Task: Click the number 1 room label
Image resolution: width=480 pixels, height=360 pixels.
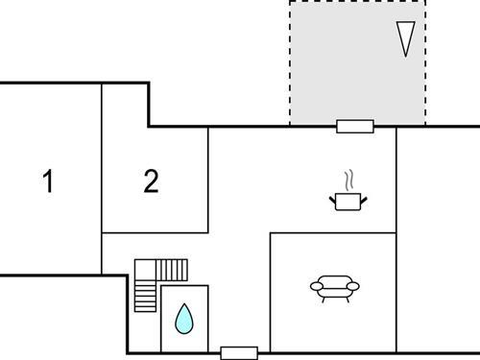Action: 48,181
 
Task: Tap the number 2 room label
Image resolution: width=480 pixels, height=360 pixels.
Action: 151,181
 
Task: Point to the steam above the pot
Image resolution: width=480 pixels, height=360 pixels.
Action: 350,180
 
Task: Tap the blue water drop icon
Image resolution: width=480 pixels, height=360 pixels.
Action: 183,318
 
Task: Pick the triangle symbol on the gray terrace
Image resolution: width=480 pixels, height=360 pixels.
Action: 408,37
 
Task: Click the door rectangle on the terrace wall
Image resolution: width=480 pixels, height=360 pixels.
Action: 355,125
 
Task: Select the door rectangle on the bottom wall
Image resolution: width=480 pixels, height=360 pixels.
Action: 239,352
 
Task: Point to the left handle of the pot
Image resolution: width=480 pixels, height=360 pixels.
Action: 331,198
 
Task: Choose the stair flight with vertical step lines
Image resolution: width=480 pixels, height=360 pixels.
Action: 173,269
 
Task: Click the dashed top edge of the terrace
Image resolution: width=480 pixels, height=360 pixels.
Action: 357,1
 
